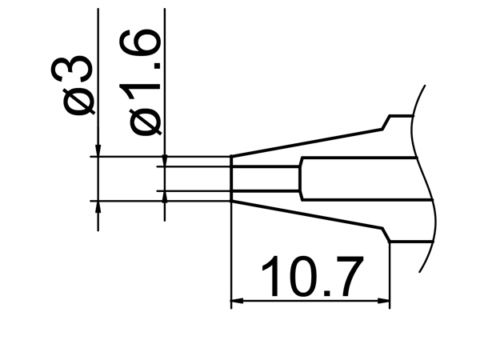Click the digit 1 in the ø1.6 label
(145, 86)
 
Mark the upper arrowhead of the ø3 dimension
(98, 150)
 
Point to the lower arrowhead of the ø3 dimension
(98, 206)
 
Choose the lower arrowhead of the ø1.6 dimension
(164, 196)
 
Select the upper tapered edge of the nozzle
(304, 142)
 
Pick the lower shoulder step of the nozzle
(386, 235)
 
